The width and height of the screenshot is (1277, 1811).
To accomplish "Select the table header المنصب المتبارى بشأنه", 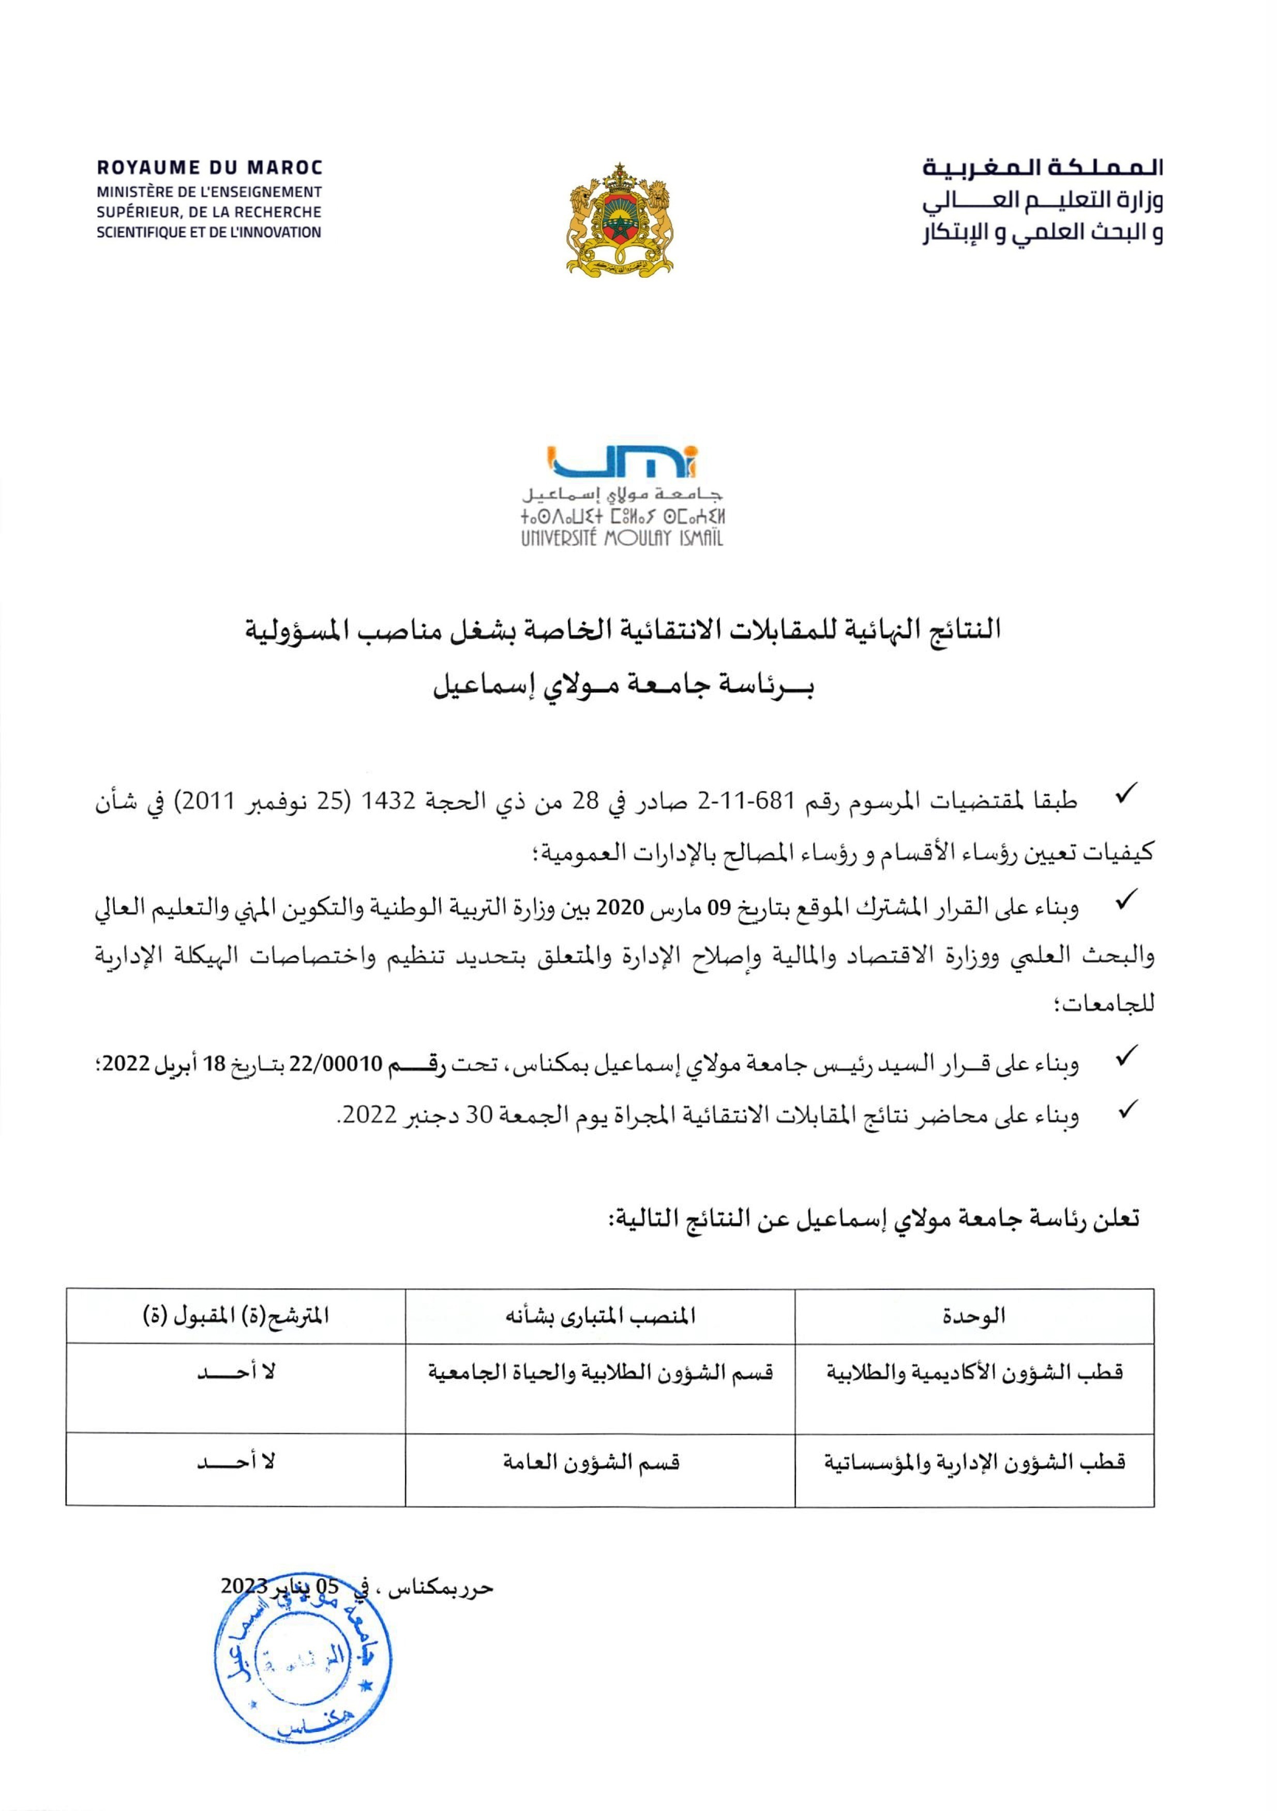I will [600, 1316].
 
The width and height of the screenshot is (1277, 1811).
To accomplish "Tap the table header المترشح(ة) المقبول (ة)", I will [236, 1316].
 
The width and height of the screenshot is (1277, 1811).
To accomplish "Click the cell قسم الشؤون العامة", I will [592, 1462].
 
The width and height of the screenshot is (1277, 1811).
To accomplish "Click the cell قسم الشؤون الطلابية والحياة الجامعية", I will [600, 1373].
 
